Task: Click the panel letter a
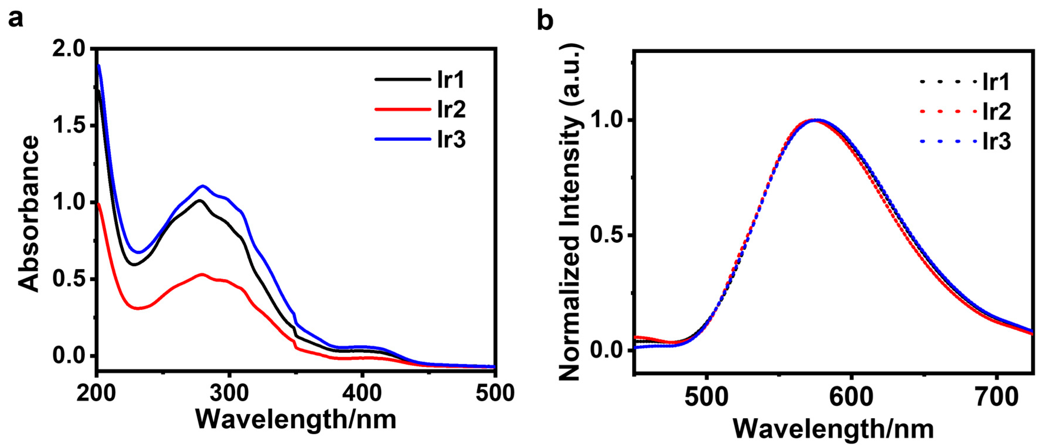click(15, 19)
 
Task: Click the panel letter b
click(545, 20)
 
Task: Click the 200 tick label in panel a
click(97, 392)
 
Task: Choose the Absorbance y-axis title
click(29, 214)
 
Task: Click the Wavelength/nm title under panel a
click(296, 419)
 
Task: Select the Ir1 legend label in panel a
click(451, 80)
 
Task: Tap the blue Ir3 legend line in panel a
click(403, 139)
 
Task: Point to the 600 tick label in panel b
click(851, 397)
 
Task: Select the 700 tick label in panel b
click(996, 397)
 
